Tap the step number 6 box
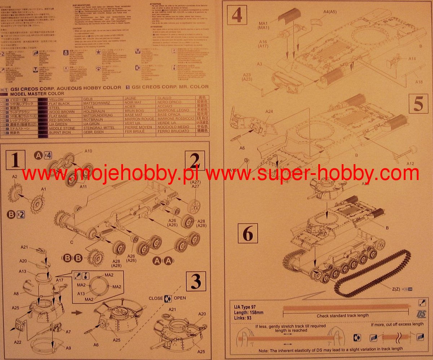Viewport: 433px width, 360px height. (x=248, y=233)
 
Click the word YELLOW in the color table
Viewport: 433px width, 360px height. (x=56, y=99)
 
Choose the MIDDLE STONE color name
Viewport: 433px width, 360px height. (x=62, y=128)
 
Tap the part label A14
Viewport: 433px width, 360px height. (x=412, y=59)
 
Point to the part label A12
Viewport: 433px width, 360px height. (x=410, y=163)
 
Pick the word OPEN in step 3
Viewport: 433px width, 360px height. (x=180, y=298)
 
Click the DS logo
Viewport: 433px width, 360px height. (x=421, y=313)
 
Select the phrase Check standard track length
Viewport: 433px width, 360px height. (x=342, y=315)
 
